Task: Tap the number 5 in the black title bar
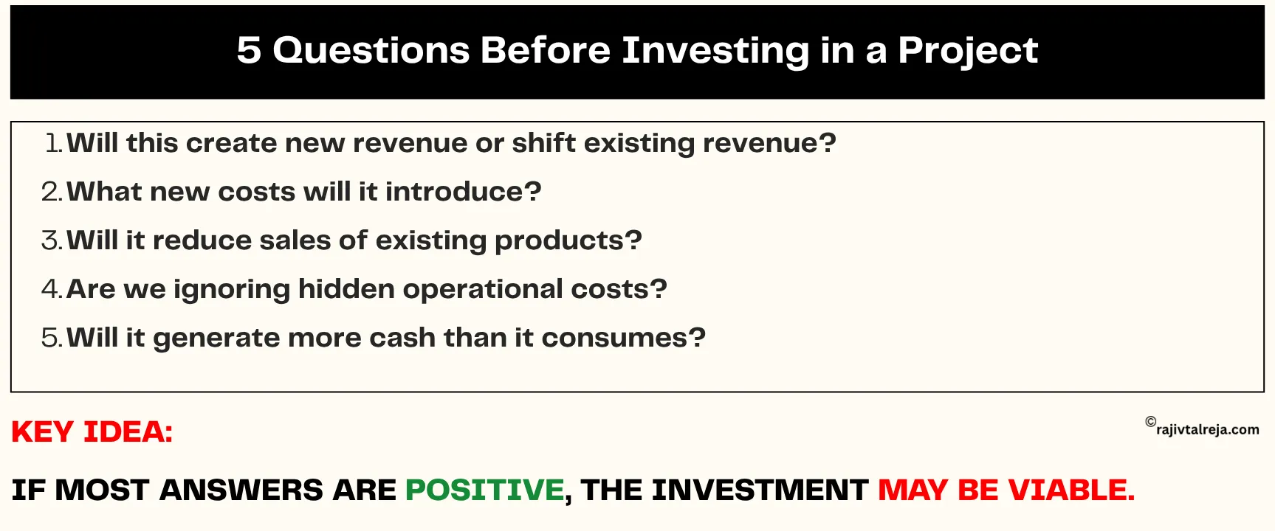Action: coord(249,51)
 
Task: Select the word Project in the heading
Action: coord(967,51)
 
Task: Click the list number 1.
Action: coord(52,143)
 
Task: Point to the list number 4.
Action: coord(51,289)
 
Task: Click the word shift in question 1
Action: coord(543,143)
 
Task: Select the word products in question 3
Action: coord(559,241)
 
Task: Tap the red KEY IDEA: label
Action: coord(92,432)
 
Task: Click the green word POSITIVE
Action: coord(484,490)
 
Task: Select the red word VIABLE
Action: coord(1071,490)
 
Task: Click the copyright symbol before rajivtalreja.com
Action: coord(1150,422)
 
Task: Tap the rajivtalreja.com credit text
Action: coord(1208,430)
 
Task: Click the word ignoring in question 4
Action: coord(231,290)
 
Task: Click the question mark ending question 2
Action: coord(533,192)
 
